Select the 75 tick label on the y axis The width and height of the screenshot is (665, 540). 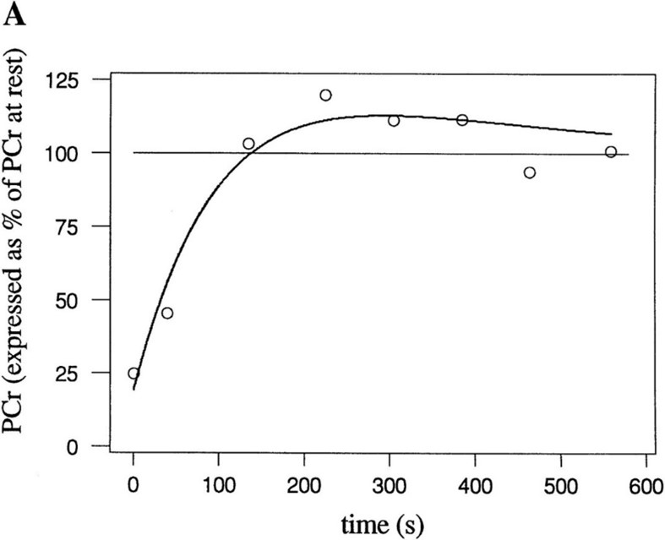(x=67, y=226)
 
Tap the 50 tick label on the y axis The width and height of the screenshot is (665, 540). (x=67, y=300)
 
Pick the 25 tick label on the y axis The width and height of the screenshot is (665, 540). (x=67, y=373)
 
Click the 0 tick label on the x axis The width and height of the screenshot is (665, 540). (x=134, y=486)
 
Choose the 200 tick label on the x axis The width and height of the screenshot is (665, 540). (x=304, y=486)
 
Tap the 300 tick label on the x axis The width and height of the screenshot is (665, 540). (x=390, y=486)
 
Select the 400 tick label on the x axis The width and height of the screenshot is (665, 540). (x=475, y=486)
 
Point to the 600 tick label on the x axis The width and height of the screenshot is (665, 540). (x=646, y=486)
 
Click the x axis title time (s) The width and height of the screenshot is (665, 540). (x=383, y=525)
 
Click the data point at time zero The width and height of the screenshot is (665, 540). (x=134, y=374)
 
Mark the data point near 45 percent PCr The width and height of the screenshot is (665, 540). (x=167, y=313)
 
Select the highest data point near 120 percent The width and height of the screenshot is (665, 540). (x=325, y=95)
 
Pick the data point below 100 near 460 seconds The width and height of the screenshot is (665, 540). (x=530, y=172)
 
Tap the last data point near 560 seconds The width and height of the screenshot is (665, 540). (x=611, y=152)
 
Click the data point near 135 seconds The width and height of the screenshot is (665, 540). (x=248, y=144)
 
